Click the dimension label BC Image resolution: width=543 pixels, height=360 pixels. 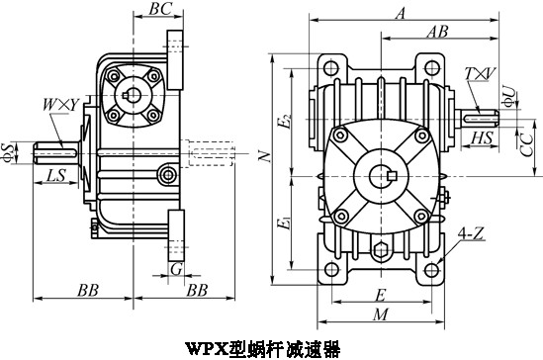coord(160,9)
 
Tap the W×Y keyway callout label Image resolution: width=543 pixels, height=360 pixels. coord(61,105)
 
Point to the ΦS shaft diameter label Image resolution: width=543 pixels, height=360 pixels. coord(8,152)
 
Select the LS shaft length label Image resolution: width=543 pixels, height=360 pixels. coord(56,175)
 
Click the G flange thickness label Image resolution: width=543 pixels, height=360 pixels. coord(176,269)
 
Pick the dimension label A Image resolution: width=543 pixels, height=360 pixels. coord(401,13)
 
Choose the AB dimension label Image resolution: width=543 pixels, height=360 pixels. coord(437,32)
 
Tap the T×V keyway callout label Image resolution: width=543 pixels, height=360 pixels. coord(480,74)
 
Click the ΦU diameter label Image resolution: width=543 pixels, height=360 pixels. coord(508,96)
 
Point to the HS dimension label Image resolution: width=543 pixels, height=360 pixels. coord(482,137)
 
